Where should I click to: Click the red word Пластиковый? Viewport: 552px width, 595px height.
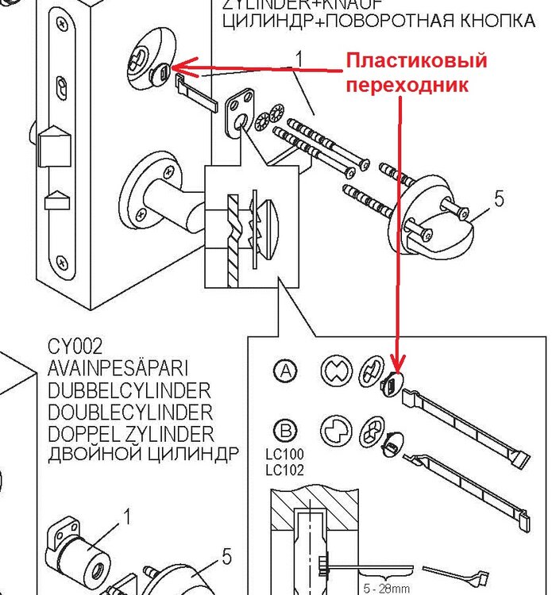pos(415,61)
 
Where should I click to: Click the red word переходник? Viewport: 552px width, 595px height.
pos(407,83)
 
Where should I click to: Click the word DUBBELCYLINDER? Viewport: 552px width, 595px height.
pos(129,391)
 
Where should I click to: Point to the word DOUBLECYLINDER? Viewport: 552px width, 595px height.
pos(130,413)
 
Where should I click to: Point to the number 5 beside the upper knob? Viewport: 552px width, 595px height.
pos(499,198)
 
